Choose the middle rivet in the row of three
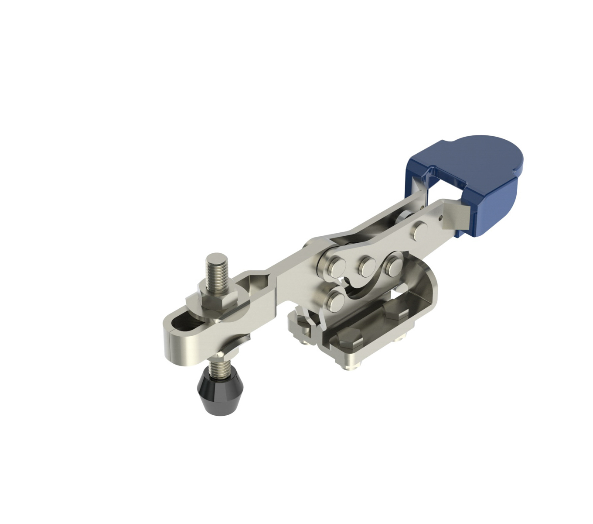tap(365, 265)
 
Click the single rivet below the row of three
tap(336, 300)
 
